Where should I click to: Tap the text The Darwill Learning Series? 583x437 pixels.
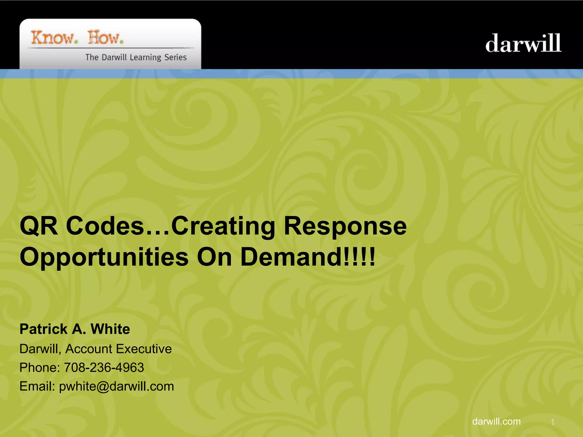(x=136, y=57)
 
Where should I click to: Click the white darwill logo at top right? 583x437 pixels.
(x=523, y=43)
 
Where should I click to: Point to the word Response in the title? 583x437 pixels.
(x=345, y=226)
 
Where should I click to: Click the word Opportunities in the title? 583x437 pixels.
(x=104, y=257)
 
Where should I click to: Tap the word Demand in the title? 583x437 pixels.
(x=292, y=257)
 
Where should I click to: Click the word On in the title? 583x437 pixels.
(x=214, y=257)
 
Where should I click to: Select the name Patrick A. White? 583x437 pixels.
(x=75, y=329)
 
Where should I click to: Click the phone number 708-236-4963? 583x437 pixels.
(x=104, y=368)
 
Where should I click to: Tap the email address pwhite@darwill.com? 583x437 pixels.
(x=116, y=386)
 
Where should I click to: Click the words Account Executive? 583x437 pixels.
(x=118, y=349)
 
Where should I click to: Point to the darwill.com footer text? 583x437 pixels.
(x=496, y=421)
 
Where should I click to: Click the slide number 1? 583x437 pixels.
(x=552, y=422)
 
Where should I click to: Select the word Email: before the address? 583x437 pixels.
(x=37, y=386)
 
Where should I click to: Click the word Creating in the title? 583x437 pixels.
(x=223, y=226)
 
